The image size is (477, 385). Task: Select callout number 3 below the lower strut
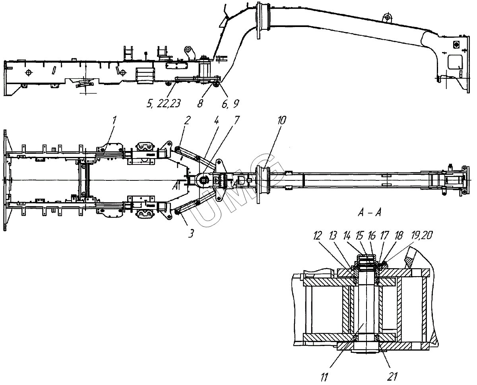[191, 234]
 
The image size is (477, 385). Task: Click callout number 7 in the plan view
[237, 120]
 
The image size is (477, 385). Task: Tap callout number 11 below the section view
[325, 376]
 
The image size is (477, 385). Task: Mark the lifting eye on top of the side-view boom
[386, 18]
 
